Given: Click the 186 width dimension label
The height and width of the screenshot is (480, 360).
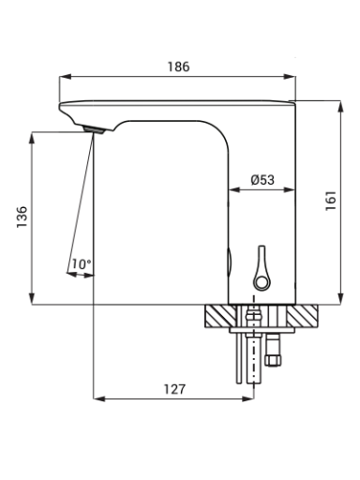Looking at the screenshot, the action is tap(178, 67).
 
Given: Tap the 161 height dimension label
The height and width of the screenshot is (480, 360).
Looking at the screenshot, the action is tap(331, 201).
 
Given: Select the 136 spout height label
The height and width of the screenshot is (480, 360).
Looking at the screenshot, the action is tap(22, 217).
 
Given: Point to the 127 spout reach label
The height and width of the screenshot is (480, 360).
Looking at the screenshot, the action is tap(174, 389).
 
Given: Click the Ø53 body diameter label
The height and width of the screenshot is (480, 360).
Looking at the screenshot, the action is tap(262, 180).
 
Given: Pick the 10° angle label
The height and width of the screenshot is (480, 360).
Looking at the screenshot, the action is tap(82, 264).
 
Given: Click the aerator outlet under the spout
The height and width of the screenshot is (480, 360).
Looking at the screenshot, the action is tap(93, 130).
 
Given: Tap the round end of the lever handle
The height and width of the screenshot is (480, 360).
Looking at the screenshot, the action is tap(262, 282).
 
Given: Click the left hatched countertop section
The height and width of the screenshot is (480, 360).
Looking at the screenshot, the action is tap(220, 316).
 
